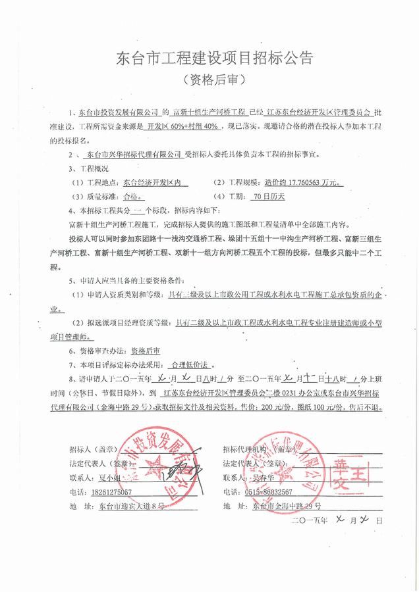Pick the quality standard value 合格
(132, 196)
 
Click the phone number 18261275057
(105, 491)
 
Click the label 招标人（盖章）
(92, 449)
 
